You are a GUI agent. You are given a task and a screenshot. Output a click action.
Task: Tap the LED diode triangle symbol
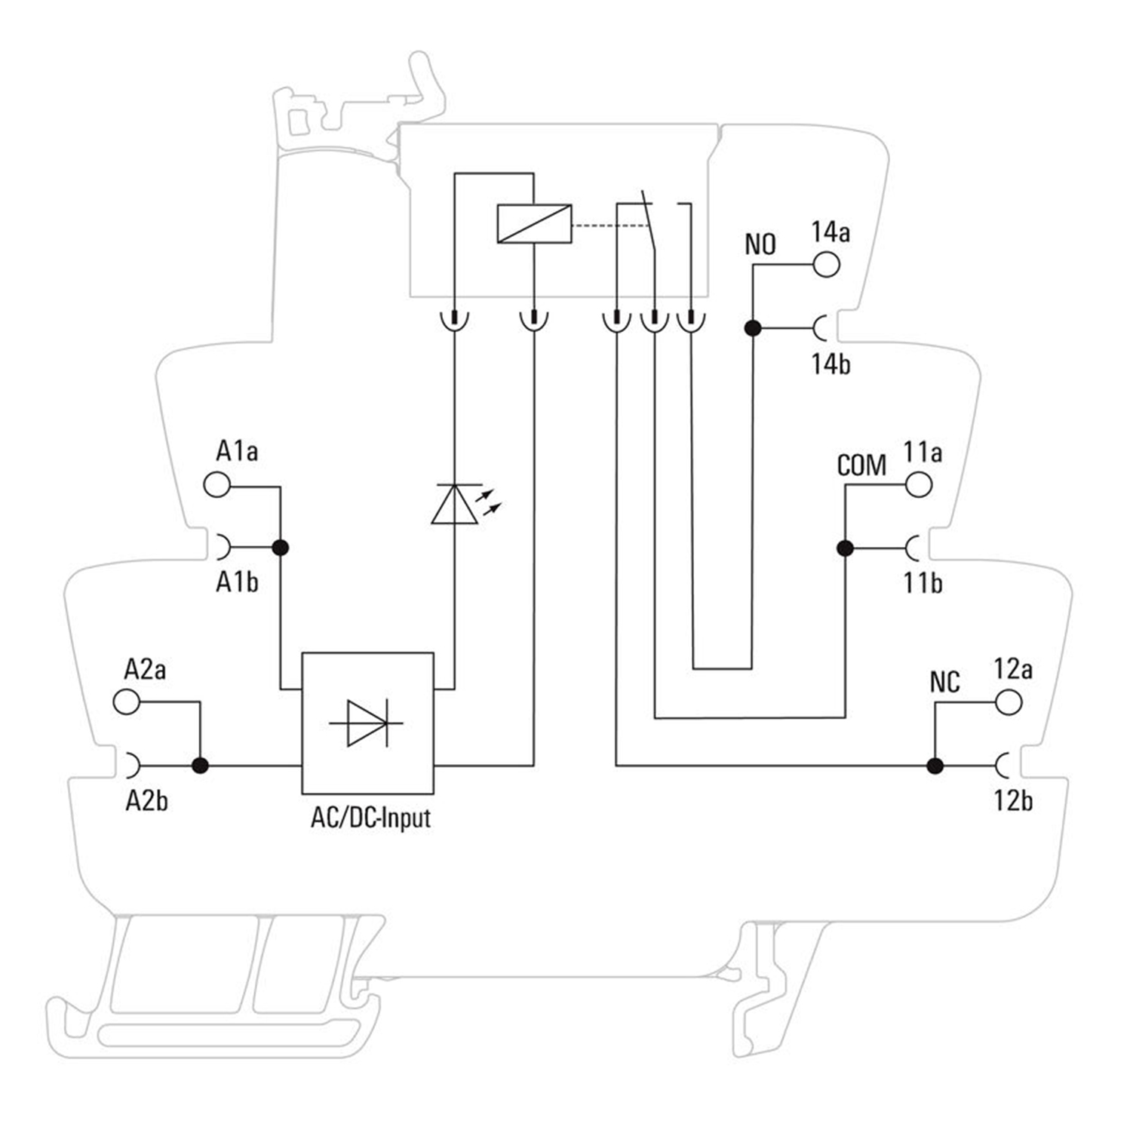pos(455,504)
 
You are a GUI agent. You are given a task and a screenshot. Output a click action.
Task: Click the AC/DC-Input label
pos(370,818)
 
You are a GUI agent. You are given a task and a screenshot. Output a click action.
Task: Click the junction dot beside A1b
pos(280,548)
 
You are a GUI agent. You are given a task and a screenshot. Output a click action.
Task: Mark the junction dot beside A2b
pos(200,766)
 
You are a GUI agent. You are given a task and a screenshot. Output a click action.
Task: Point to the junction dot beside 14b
pos(752,328)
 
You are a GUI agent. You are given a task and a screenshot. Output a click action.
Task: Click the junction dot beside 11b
pos(845,548)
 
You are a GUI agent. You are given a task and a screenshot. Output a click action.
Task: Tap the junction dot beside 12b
pos(935,766)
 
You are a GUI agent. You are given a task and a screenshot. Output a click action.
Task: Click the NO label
pos(760,244)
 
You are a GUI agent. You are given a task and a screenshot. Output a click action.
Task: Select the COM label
pos(861,465)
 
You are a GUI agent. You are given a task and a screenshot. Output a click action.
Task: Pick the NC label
pos(944,683)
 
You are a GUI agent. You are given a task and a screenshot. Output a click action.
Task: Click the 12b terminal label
pos(1013,801)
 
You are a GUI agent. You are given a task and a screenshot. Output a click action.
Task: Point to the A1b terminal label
pos(237,582)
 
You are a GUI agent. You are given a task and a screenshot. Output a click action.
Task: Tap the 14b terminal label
pos(831,364)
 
